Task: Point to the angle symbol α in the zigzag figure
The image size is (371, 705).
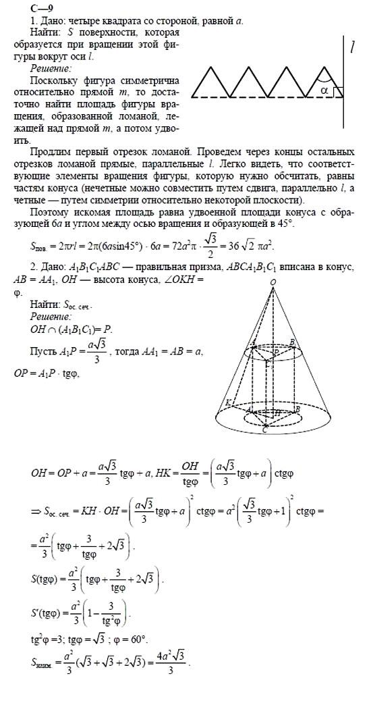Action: (x=325, y=88)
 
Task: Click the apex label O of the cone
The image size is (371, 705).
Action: (x=273, y=263)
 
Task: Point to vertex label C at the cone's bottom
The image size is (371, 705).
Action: (x=265, y=427)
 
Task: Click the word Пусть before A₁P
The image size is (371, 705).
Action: (x=43, y=352)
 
